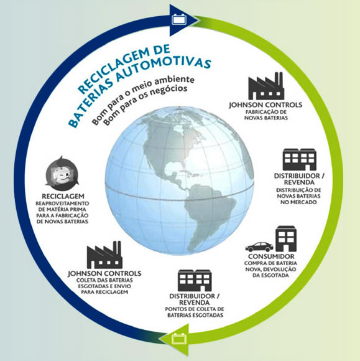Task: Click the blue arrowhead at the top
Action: tap(182, 21)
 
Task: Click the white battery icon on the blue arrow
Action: tap(179, 19)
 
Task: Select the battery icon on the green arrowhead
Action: tap(179, 339)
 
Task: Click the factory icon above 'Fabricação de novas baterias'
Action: tap(266, 86)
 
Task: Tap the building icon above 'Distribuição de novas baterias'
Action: tap(299, 159)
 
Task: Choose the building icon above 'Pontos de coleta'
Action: tap(195, 281)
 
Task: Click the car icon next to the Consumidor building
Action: tap(259, 247)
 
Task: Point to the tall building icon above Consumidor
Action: tap(286, 238)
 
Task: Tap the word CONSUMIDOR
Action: tap(271, 256)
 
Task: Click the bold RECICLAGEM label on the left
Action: tap(63, 196)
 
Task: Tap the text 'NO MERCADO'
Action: tap(298, 202)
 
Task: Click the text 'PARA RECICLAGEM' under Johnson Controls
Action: tap(104, 292)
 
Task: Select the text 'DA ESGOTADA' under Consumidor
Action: tap(270, 275)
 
